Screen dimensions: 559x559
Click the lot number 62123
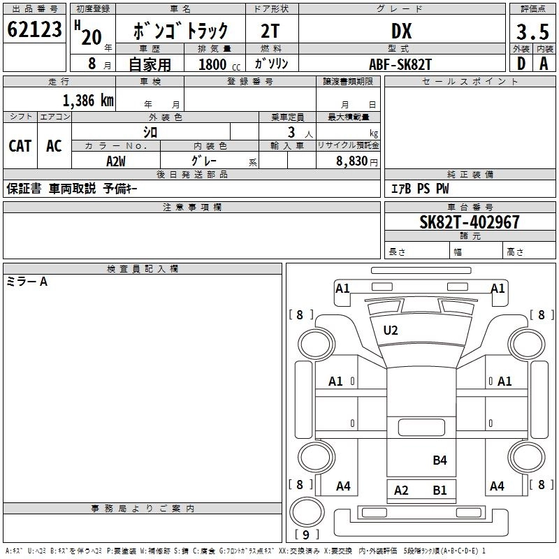34,31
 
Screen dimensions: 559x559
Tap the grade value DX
401,31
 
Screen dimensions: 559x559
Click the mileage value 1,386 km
88,100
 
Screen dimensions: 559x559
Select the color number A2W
116,161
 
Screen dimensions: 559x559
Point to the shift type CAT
20,145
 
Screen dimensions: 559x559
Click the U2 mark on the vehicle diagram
391,331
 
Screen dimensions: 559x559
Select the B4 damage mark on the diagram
440,460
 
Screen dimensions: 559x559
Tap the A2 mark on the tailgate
401,490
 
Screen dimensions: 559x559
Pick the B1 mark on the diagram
440,490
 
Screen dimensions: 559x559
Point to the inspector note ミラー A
27,282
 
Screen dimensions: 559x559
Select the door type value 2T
270,31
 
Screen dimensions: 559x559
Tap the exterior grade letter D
521,64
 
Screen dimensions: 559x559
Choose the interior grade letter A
544,64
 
